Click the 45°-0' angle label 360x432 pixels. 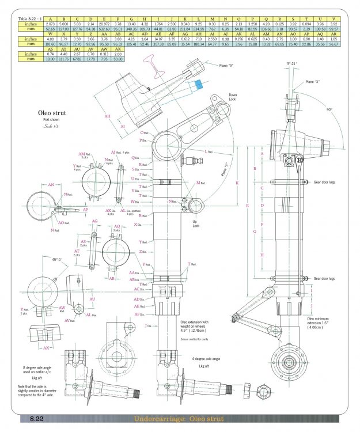(41, 260)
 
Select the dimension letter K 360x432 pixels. (237, 183)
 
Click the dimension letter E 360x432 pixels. (247, 204)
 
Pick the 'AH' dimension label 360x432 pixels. (107, 114)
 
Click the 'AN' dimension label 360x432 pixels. (51, 185)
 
